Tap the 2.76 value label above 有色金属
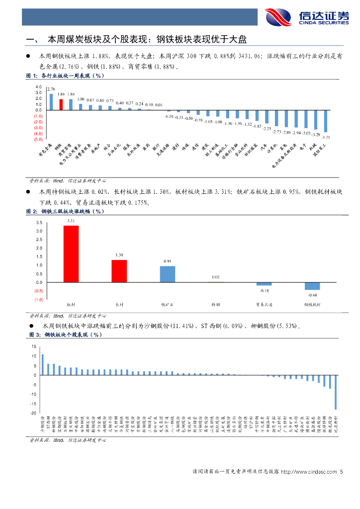(x=51, y=88)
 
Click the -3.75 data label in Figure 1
(x=326, y=137)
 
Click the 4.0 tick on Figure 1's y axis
(x=38, y=86)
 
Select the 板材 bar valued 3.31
(x=71, y=254)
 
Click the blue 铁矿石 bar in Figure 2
(x=167, y=274)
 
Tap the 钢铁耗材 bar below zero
(x=312, y=286)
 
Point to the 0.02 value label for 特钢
(x=215, y=277)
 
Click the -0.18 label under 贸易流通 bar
(x=264, y=290)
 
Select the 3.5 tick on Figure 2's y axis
(x=39, y=223)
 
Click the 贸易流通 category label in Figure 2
(x=264, y=304)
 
